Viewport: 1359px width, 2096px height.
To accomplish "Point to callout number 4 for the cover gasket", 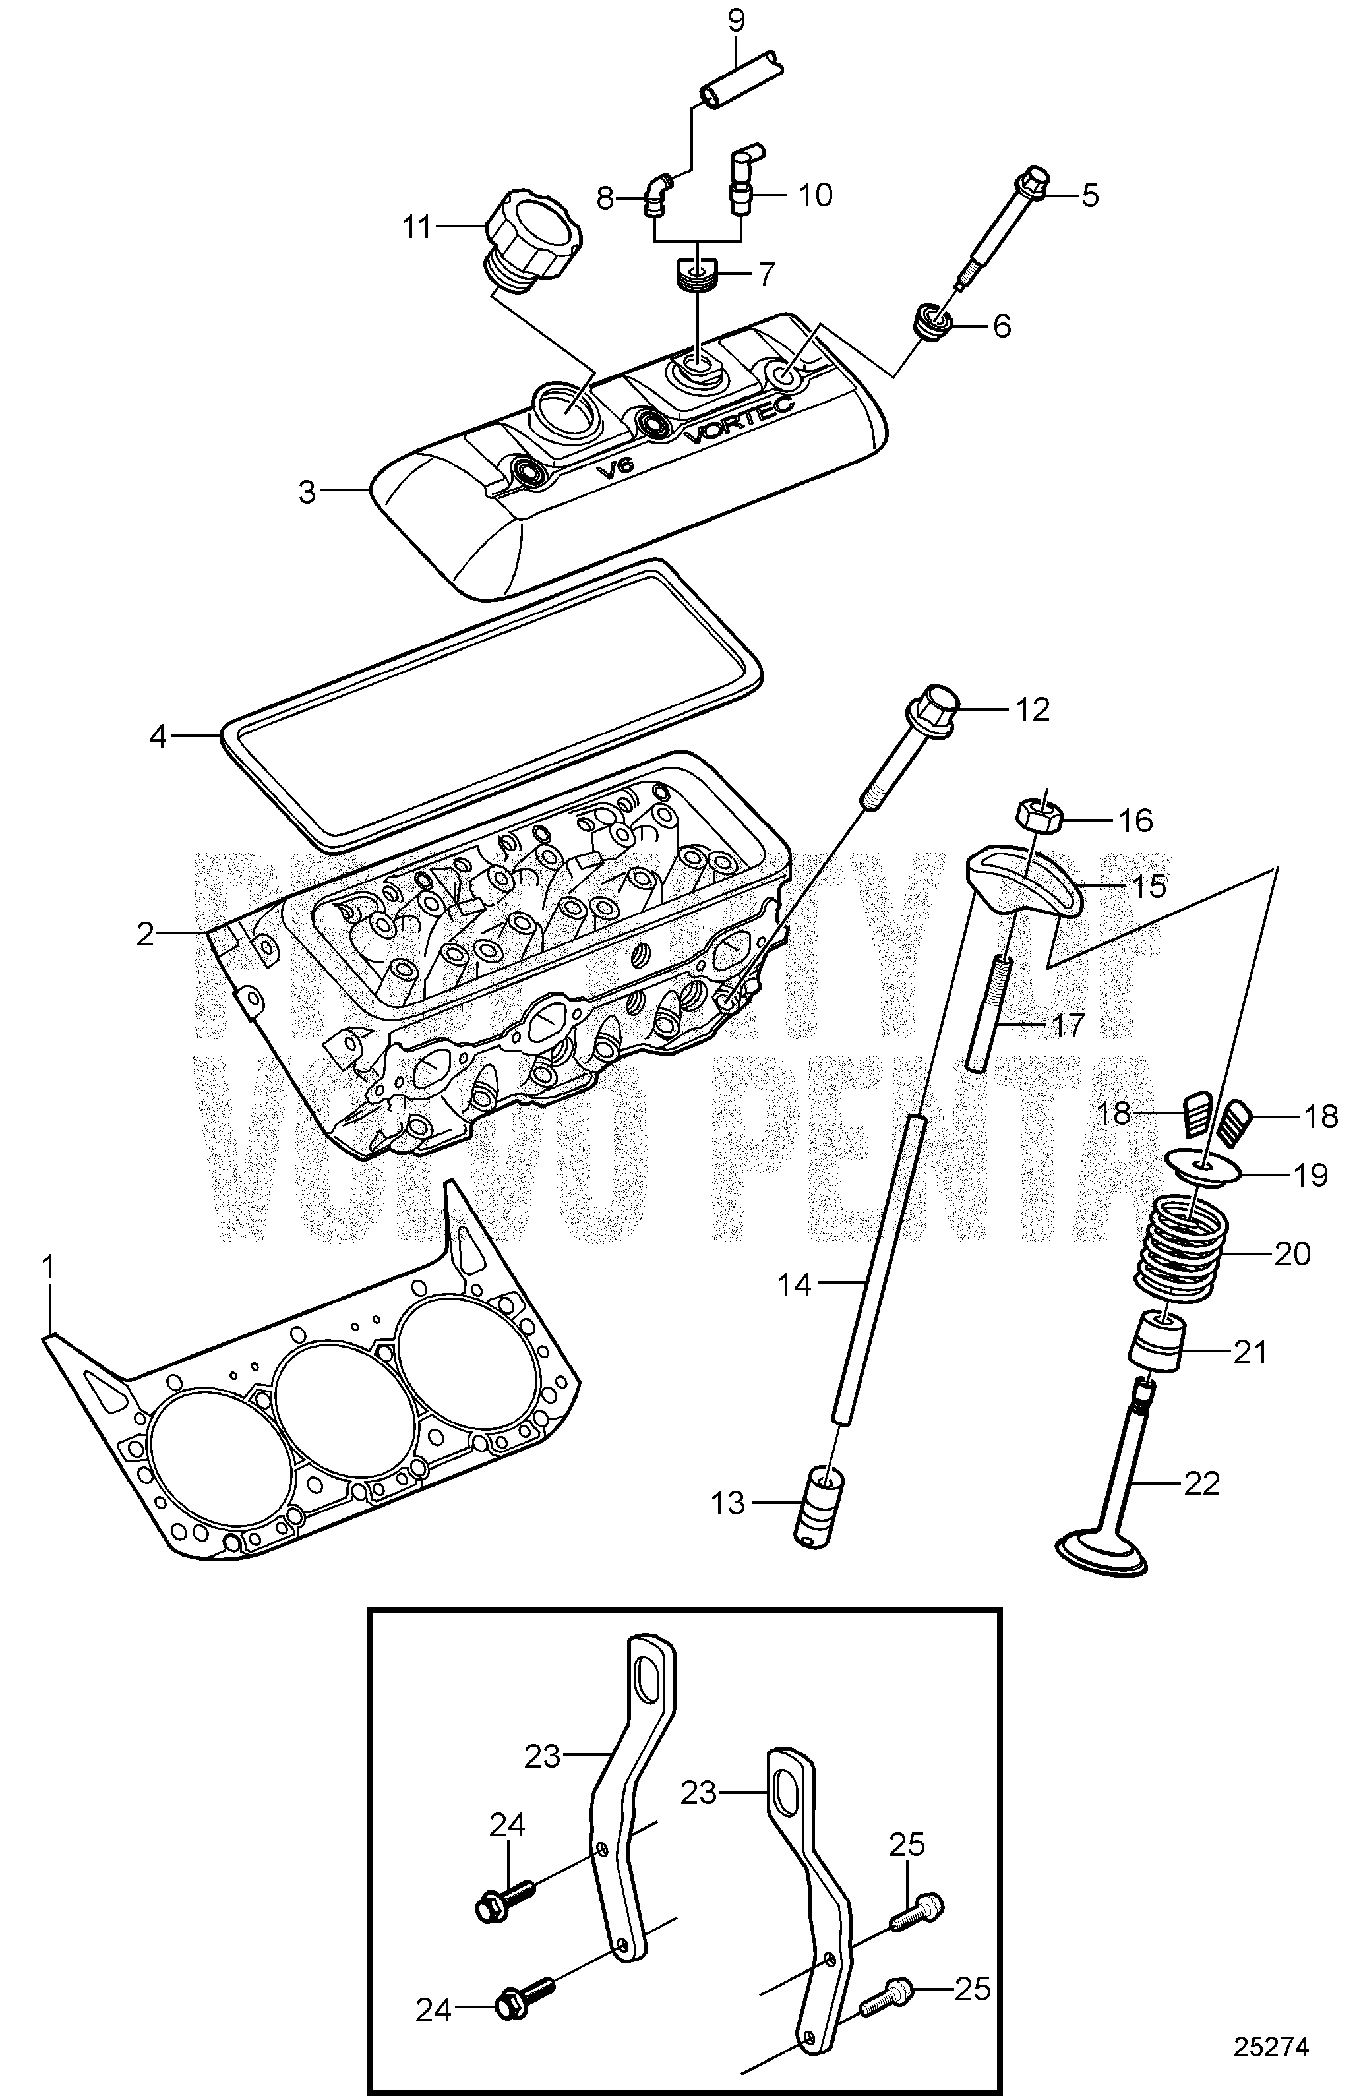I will pos(158,736).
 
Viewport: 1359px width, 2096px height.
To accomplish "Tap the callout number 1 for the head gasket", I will pos(48,1267).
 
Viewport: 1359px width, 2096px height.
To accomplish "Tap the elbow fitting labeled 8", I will pos(657,194).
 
